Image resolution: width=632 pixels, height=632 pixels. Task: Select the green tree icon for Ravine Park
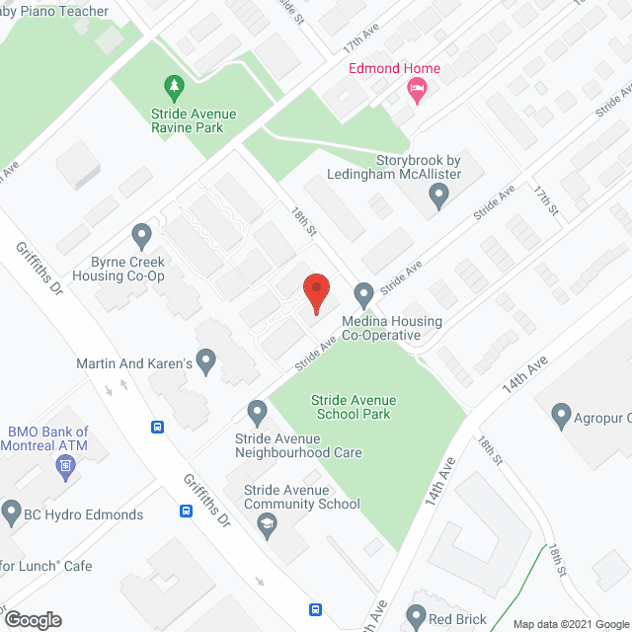click(x=174, y=87)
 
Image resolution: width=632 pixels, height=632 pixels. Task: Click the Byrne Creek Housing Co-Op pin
click(x=141, y=236)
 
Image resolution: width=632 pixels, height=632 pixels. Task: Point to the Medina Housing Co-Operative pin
click(x=363, y=294)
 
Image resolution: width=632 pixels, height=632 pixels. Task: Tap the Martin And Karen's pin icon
click(x=206, y=362)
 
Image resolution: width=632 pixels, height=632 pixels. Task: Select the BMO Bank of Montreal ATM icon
click(x=67, y=466)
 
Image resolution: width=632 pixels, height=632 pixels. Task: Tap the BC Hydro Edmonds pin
click(x=12, y=513)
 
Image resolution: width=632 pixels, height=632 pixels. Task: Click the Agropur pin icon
click(x=561, y=415)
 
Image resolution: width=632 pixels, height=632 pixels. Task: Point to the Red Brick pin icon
click(x=416, y=618)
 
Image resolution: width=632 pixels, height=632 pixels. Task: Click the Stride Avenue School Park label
click(x=354, y=407)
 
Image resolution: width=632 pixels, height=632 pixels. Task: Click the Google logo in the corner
click(x=32, y=619)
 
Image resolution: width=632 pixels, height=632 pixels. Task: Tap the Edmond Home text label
click(x=393, y=68)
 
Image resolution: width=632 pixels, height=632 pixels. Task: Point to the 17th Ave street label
click(x=361, y=41)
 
